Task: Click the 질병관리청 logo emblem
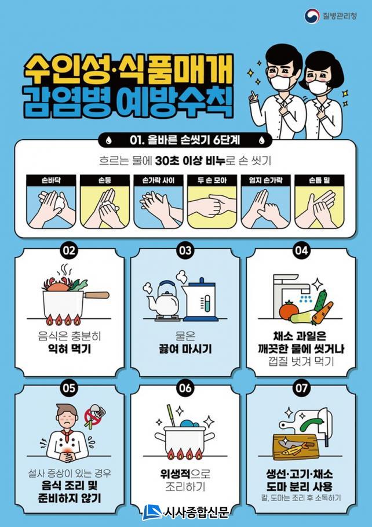click(312, 16)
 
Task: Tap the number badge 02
click(69, 250)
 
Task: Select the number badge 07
click(301, 388)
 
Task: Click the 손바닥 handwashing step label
click(51, 180)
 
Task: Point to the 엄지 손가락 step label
click(265, 180)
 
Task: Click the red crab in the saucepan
click(58, 285)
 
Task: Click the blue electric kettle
click(200, 299)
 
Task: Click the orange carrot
click(323, 312)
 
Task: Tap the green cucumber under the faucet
click(320, 301)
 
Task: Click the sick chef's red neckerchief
click(64, 436)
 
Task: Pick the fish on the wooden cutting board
click(295, 448)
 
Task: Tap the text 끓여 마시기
click(185, 349)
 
